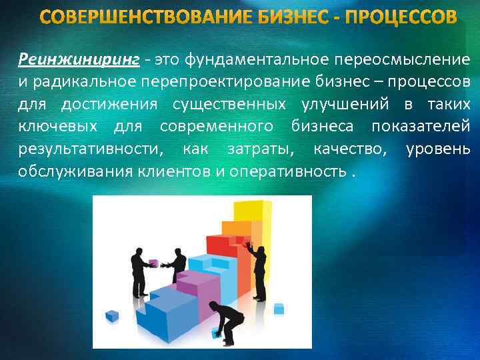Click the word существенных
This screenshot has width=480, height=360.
(x=219, y=105)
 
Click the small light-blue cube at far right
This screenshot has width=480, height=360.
(x=279, y=308)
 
